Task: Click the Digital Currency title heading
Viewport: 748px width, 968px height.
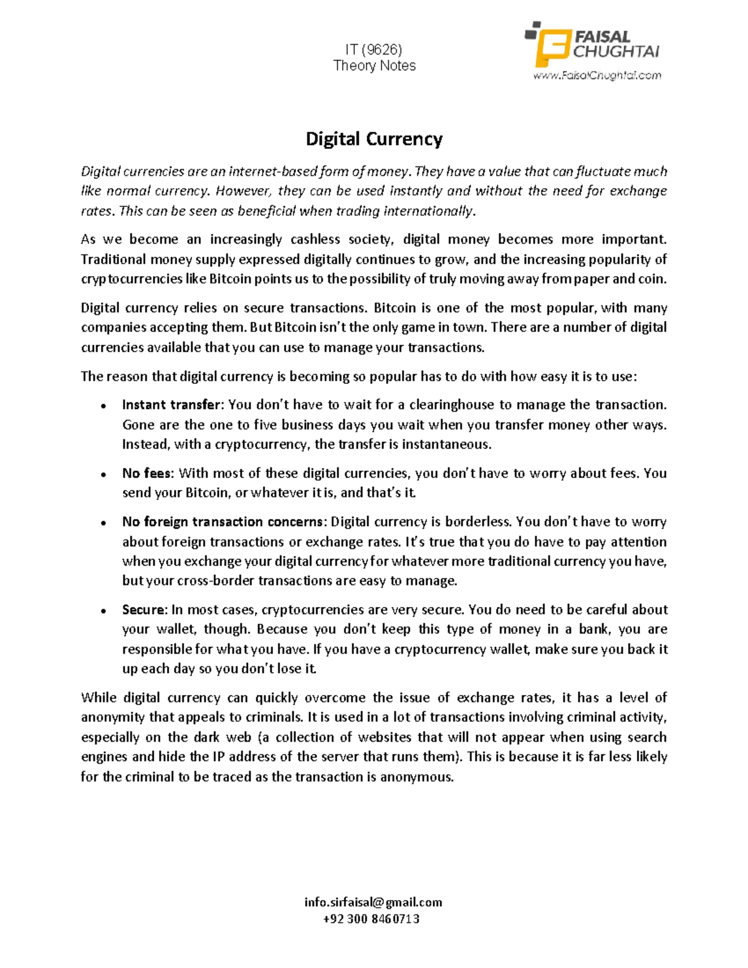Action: tap(374, 138)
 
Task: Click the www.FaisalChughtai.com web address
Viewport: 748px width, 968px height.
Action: tap(597, 75)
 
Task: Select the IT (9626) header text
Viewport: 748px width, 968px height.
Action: tap(374, 49)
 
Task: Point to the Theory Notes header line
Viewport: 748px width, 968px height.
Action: tap(374, 65)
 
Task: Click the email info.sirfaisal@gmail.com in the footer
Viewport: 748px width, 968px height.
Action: tap(373, 902)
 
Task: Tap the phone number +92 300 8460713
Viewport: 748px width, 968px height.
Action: tap(373, 919)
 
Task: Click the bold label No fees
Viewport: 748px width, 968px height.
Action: tap(146, 473)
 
